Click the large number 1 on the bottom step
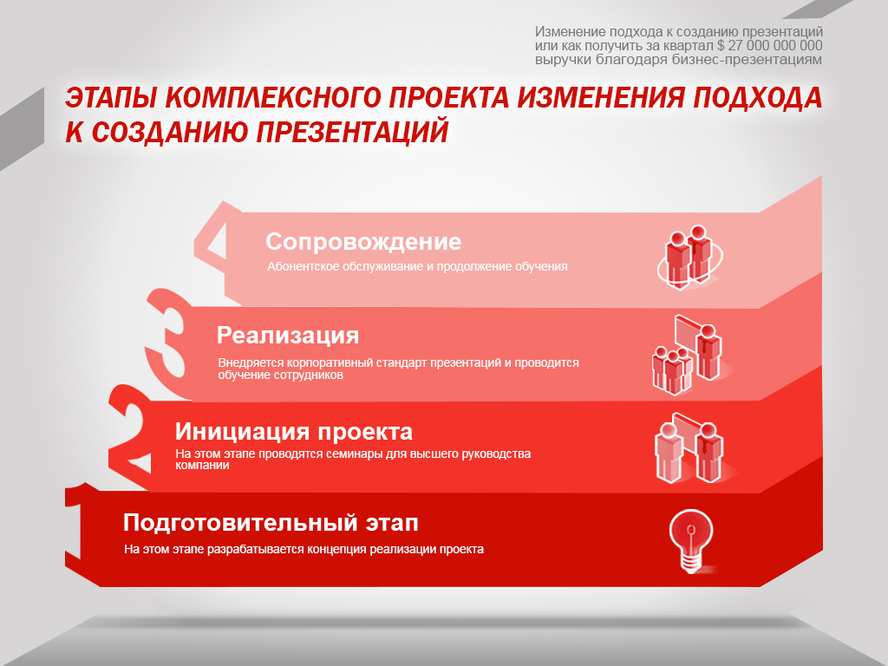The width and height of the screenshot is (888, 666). click(x=74, y=526)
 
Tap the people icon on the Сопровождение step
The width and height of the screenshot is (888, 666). click(x=689, y=257)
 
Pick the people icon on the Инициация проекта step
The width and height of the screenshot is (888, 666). click(x=689, y=448)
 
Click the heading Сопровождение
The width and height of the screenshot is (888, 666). click(x=363, y=242)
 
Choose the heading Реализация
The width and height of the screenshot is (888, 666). click(x=288, y=336)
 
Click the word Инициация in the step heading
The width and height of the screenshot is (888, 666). click(x=242, y=432)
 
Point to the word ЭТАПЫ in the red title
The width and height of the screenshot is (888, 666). click(x=111, y=97)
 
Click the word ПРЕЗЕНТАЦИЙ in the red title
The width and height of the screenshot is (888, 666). click(x=352, y=132)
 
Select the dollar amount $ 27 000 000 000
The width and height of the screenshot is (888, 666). click(x=770, y=46)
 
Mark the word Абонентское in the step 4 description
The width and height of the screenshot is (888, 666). click(x=304, y=266)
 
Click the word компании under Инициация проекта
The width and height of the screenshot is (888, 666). click(x=202, y=465)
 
